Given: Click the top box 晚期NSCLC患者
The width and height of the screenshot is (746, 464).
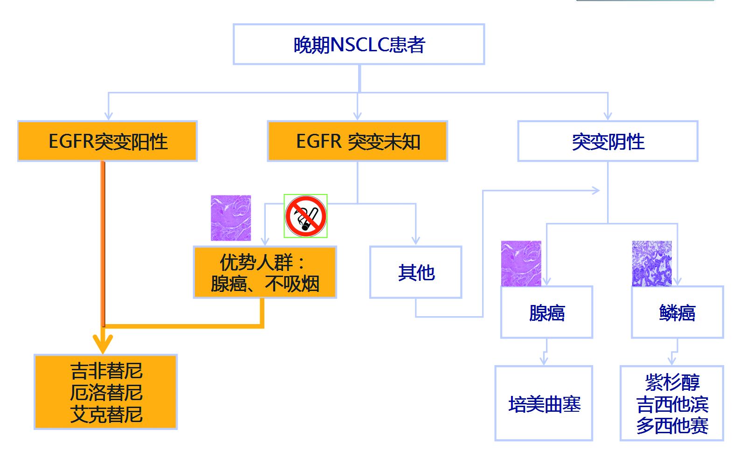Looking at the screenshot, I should (x=359, y=44).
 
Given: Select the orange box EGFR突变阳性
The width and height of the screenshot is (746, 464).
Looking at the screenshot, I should (x=107, y=141).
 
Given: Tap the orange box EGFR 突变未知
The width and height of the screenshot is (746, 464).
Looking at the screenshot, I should (x=357, y=141).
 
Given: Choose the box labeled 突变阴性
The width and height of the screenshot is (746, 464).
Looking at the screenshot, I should (x=608, y=141).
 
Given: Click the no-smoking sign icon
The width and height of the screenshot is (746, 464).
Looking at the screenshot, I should (x=305, y=216).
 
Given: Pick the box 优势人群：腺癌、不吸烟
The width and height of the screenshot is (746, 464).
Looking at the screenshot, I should (x=265, y=272).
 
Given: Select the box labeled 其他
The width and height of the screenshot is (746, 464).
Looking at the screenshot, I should (x=415, y=272).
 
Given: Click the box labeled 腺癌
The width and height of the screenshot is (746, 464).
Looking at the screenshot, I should (x=546, y=312).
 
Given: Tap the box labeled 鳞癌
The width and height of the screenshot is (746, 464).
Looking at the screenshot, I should (x=677, y=312).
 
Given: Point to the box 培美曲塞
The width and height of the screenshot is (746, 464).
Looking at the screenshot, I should (x=544, y=403).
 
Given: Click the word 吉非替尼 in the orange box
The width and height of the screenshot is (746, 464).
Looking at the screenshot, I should (x=106, y=371).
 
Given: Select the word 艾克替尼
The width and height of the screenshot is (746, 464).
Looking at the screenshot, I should (x=106, y=414).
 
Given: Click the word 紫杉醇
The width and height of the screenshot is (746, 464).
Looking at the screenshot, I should (x=672, y=382).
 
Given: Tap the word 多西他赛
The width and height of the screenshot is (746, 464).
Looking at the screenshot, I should (x=672, y=425).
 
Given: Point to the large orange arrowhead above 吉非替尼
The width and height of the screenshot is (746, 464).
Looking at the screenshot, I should (x=103, y=344).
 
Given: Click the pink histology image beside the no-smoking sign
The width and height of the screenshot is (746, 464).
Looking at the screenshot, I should (x=231, y=218).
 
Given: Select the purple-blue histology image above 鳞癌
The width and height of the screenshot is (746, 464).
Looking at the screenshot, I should (x=652, y=263).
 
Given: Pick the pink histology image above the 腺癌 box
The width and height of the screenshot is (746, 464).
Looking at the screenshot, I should (x=521, y=263).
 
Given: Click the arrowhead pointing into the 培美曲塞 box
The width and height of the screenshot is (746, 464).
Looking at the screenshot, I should (x=544, y=360).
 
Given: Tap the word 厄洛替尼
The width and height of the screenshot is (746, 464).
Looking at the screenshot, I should (x=106, y=393).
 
